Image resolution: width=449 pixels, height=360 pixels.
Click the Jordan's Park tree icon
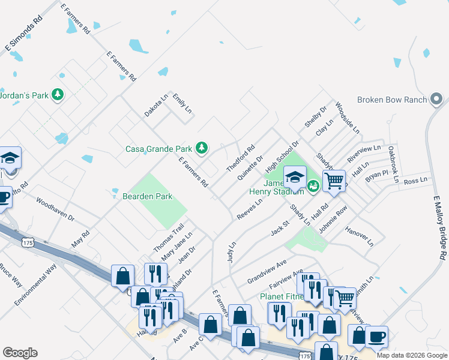58,95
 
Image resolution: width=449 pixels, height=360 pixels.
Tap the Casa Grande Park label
158,149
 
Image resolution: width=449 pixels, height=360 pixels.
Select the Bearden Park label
147,196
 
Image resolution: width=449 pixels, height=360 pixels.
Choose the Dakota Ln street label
156,105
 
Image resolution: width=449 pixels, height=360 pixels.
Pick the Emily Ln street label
181,103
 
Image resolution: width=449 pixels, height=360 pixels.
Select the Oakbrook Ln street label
393,163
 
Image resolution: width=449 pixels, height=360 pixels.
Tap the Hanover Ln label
359,236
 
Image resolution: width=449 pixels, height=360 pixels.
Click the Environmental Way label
35,284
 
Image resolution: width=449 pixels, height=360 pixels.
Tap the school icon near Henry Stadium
295,177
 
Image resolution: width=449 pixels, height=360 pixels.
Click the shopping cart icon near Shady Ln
334,179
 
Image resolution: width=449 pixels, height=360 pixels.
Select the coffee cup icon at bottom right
376,337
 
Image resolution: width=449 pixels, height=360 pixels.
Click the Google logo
20,353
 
